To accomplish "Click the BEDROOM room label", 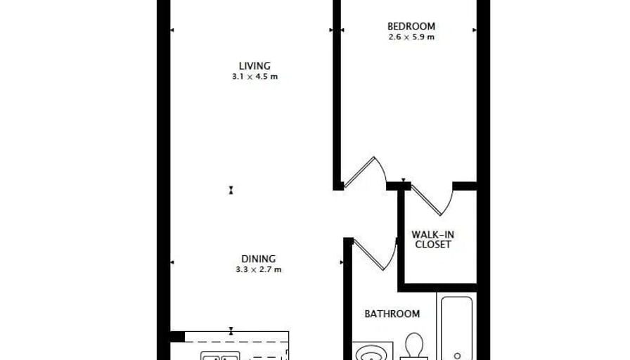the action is [411, 27].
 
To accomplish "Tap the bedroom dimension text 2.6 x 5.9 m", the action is [411, 37].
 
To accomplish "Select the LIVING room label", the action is [255, 66].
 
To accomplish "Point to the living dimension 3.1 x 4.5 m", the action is [255, 77].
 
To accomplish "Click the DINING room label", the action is [258, 259].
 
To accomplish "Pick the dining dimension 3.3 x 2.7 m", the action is [259, 269].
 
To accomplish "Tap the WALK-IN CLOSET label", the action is [432, 240].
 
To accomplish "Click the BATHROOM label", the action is [392, 314].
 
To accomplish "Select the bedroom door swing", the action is [365, 172].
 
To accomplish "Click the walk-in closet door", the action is [432, 200].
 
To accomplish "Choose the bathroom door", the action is [375, 254].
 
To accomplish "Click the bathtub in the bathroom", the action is [457, 328].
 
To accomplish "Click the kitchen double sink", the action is [220, 356].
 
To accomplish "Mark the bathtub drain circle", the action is [457, 356].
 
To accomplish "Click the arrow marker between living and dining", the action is [231, 190].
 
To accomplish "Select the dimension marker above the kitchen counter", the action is [231, 331].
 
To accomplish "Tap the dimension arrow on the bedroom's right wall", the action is [475, 30].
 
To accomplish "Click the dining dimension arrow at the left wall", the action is [172, 262].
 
